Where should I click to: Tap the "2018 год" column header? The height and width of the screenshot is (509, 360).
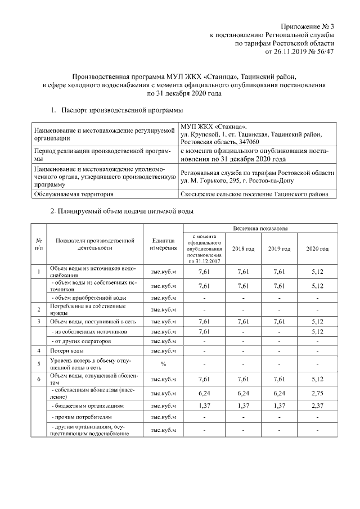tap(244, 249)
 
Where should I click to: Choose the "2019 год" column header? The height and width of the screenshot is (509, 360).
tap(280, 249)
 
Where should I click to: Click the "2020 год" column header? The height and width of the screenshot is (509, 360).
tap(317, 249)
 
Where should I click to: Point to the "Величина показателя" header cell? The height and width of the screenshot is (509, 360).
tap(260, 229)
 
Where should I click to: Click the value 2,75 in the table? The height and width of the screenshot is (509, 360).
tap(317, 394)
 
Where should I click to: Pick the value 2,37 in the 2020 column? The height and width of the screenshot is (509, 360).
tap(317, 406)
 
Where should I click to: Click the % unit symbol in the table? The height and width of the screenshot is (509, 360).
tap(164, 364)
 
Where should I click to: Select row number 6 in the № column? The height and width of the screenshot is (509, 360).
tap(39, 380)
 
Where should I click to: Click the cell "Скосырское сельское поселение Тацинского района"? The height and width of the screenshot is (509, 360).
tap(258, 194)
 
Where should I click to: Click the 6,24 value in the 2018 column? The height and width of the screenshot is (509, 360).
tap(244, 394)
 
